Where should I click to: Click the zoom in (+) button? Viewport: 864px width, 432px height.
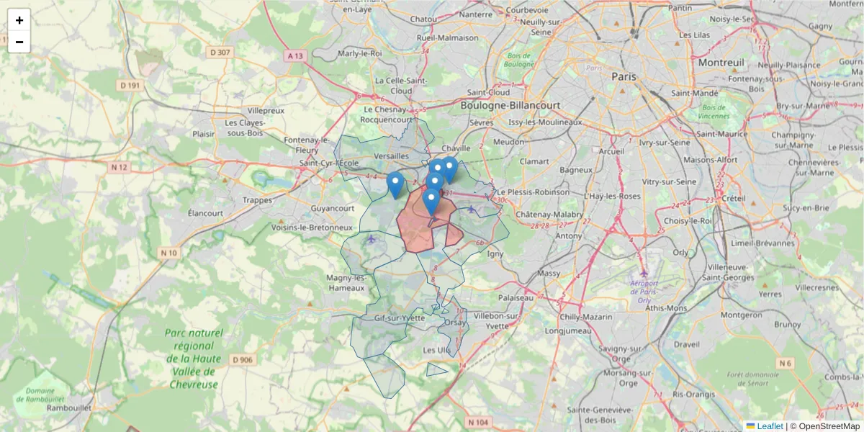[x=19, y=20]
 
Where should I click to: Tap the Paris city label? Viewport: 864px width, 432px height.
[x=625, y=76]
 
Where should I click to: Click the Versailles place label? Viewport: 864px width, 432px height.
[x=392, y=156]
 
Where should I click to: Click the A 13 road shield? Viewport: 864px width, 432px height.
[x=295, y=55]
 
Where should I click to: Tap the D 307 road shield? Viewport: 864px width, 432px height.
[x=220, y=52]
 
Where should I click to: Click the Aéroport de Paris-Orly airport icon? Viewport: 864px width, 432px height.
[x=644, y=274]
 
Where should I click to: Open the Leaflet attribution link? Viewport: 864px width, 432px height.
[x=769, y=426]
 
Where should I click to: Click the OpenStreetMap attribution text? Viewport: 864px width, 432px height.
[x=829, y=426]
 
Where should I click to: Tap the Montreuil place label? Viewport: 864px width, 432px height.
[x=721, y=63]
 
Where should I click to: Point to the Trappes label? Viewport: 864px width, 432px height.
[x=258, y=200]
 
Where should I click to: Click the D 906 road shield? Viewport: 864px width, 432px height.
[x=243, y=360]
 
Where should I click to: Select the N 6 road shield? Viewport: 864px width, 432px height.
[x=784, y=364]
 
